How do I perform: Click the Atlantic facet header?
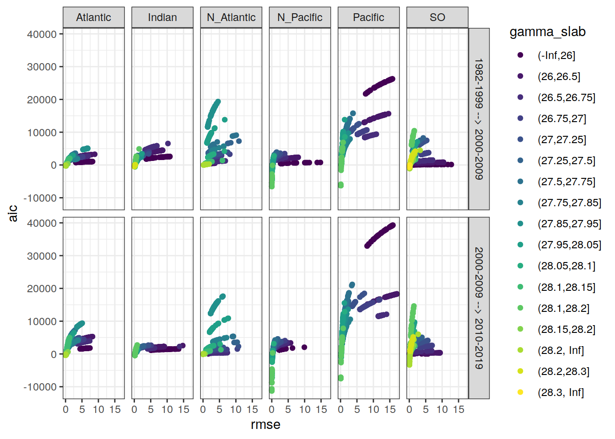[93, 17]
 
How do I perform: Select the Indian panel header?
[162, 17]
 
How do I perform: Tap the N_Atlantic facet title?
[231, 17]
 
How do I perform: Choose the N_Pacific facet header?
[300, 17]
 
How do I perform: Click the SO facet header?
[437, 17]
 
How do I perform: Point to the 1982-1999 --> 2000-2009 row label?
[479, 119]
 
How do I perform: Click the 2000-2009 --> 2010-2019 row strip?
[479, 308]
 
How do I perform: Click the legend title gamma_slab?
[547, 32]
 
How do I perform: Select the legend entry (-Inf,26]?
[556, 55]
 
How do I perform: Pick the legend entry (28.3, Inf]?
[561, 392]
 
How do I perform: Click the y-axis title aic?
[13, 213]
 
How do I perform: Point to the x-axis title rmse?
[265, 425]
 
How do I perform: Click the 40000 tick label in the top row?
[42, 34]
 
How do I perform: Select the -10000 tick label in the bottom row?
[40, 387]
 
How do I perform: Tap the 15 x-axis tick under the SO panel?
[459, 410]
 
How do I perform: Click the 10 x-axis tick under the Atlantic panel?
[98, 410]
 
